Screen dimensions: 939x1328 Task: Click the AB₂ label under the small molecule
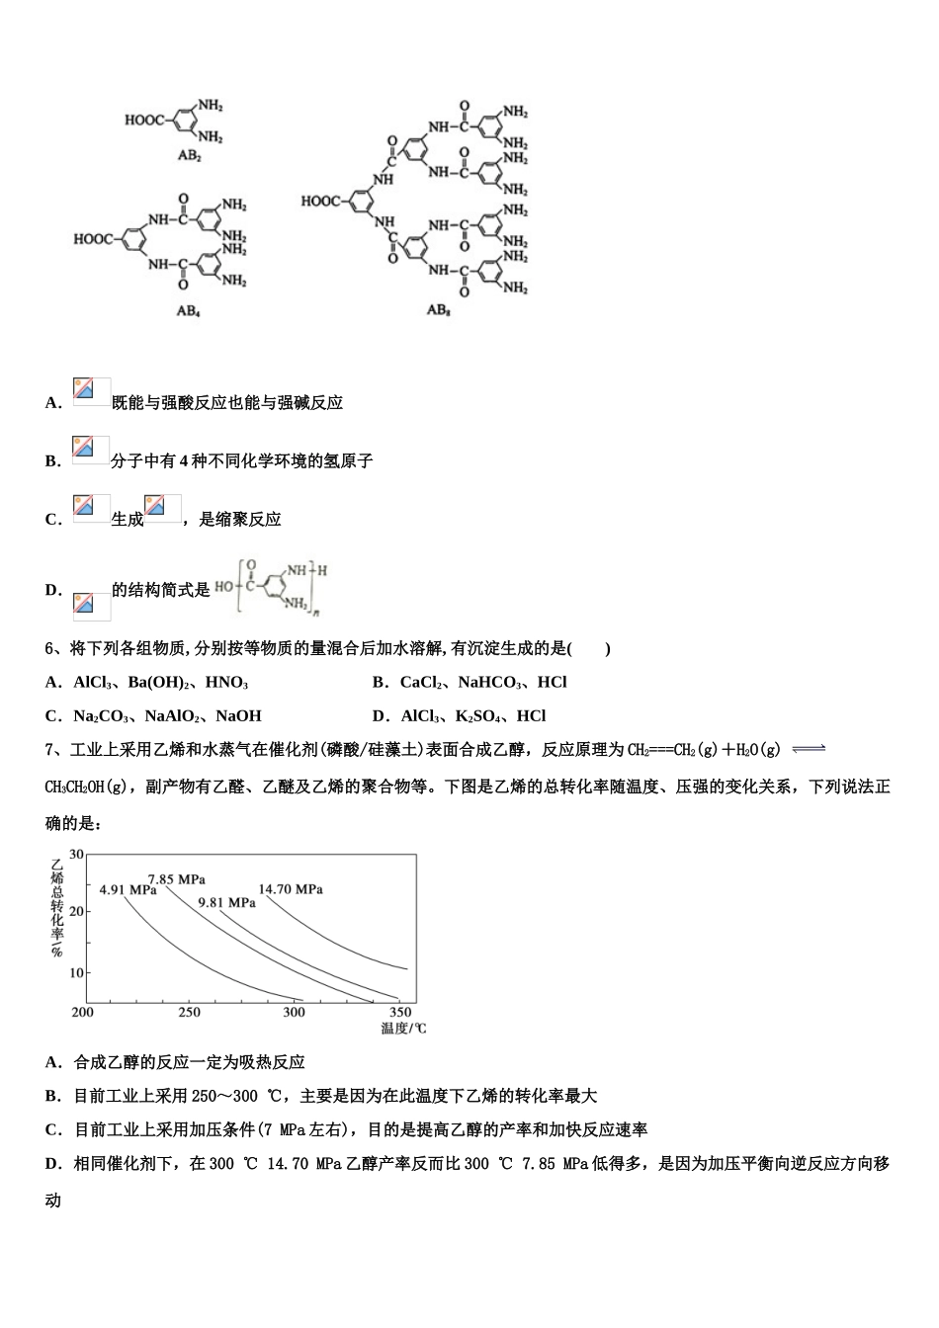coord(189,156)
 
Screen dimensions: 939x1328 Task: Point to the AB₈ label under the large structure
coord(439,309)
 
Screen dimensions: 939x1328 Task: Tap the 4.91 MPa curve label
coord(128,889)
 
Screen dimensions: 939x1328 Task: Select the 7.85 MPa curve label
coord(176,878)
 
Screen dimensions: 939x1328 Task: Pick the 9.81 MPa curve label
coord(226,902)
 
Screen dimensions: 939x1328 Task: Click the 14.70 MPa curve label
coord(291,889)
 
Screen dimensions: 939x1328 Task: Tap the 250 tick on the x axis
coord(188,1012)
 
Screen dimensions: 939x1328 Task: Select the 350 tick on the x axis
coord(400,1012)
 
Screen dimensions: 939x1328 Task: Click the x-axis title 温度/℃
coord(403,1029)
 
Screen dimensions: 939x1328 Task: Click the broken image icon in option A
coord(92,392)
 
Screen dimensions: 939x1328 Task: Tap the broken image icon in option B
coord(92,451)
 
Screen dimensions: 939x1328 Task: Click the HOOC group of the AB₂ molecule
coord(145,121)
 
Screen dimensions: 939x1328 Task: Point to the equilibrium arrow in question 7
coord(808,749)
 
